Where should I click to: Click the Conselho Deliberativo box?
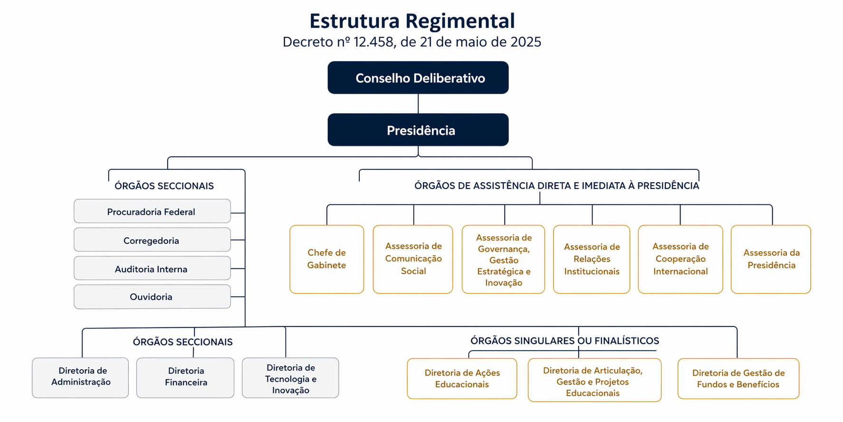(x=418, y=78)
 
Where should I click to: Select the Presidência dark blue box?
(x=418, y=130)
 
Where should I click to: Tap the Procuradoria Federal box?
(x=152, y=211)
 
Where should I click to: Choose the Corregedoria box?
(x=152, y=240)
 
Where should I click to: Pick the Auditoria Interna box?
(x=152, y=268)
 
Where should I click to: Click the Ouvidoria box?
(x=152, y=297)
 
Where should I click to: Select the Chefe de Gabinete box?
(x=326, y=259)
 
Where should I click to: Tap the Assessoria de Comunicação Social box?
(x=412, y=259)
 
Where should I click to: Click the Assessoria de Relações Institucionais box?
(x=591, y=259)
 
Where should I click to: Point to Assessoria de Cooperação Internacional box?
(x=680, y=259)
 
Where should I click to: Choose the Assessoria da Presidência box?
(x=770, y=259)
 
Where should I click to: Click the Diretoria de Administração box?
(x=80, y=377)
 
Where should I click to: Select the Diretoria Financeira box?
(x=185, y=377)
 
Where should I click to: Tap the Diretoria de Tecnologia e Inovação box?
(x=290, y=378)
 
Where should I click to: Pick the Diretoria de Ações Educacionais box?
(x=461, y=378)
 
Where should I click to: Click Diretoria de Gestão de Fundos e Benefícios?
(x=738, y=378)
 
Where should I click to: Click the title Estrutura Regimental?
(x=412, y=21)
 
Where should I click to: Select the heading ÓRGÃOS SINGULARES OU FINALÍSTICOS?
(x=565, y=341)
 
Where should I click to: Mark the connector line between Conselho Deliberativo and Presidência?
(x=418, y=104)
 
